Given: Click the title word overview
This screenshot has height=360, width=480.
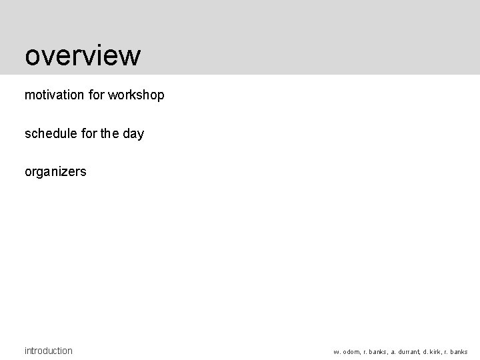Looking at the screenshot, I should pyautogui.click(x=83, y=56).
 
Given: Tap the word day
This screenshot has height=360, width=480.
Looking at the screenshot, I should pyautogui.click(x=133, y=133).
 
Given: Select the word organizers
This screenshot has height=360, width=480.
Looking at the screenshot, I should pyautogui.click(x=55, y=171).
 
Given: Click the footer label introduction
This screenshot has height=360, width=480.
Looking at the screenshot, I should pyautogui.click(x=49, y=351).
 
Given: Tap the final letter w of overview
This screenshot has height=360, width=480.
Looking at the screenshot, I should pyautogui.click(x=131, y=57).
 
